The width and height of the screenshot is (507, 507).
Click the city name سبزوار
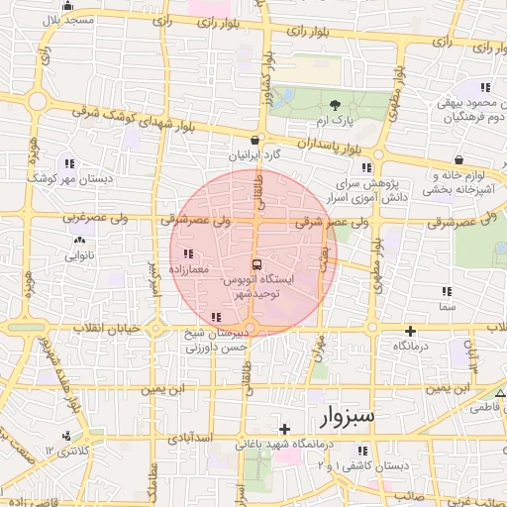click(x=348, y=417)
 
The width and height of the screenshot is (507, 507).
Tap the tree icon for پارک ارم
click(x=335, y=105)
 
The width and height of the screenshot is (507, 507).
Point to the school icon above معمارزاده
click(x=188, y=253)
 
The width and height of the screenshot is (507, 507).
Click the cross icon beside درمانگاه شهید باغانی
click(x=285, y=429)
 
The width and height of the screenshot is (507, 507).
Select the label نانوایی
click(x=79, y=255)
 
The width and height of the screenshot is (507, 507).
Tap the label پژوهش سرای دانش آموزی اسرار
click(x=372, y=191)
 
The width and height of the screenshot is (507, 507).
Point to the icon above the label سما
click(x=447, y=291)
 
